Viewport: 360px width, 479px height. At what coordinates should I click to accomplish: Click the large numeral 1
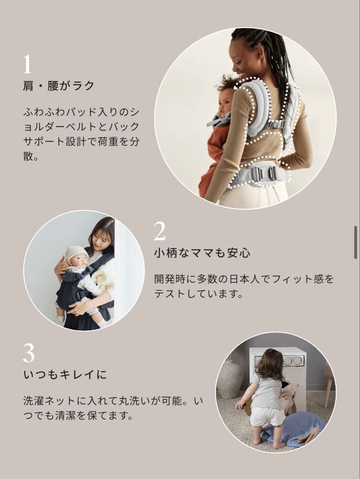click(x=27, y=64)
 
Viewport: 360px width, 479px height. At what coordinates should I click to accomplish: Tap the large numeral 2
click(x=160, y=231)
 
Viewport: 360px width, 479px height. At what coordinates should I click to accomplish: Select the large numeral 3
click(x=28, y=353)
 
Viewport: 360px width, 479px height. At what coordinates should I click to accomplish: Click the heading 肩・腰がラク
click(x=59, y=86)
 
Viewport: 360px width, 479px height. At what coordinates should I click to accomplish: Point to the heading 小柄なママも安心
click(x=202, y=253)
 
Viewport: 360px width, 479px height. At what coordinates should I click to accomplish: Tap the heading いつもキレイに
click(x=65, y=375)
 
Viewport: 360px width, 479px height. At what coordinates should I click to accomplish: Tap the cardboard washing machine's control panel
click(x=288, y=360)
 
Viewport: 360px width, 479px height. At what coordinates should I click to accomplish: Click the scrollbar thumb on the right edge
click(x=355, y=242)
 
